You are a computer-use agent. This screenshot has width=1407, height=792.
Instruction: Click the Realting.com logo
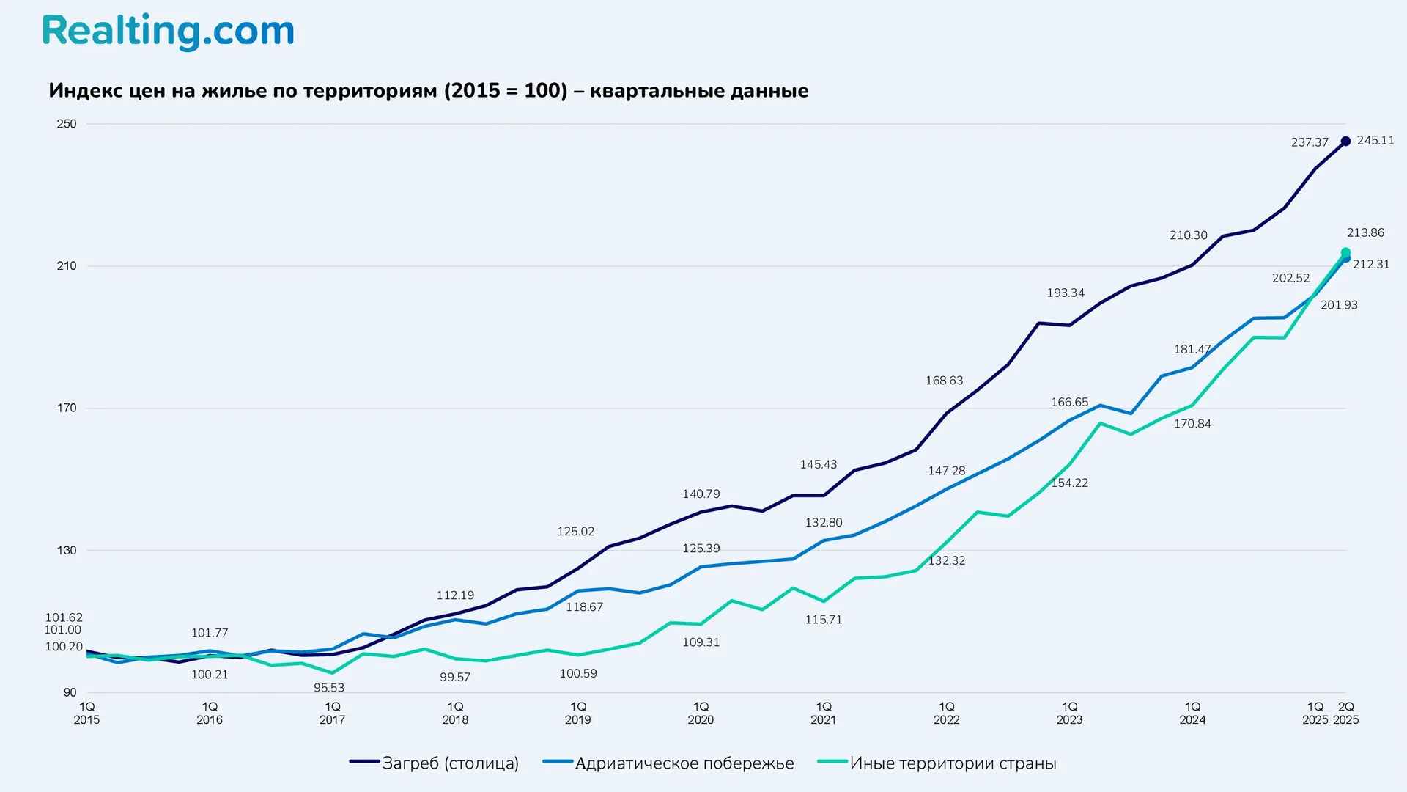[x=168, y=32]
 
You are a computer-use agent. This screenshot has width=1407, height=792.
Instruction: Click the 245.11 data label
[x=1375, y=140]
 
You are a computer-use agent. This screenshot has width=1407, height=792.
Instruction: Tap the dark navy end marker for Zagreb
[x=1345, y=142]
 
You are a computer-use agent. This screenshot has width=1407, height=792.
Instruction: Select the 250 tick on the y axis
[x=67, y=124]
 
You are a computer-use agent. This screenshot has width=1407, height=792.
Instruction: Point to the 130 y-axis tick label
[x=67, y=551]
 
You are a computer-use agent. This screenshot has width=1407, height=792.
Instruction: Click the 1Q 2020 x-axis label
[x=701, y=713]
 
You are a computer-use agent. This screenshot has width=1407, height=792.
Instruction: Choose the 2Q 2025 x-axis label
[x=1345, y=713]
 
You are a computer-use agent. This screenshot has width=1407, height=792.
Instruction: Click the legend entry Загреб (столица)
[x=449, y=763]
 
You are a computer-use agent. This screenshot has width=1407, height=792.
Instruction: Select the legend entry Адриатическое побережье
[x=683, y=763]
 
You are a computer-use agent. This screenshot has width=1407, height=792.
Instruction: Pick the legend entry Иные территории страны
[x=952, y=763]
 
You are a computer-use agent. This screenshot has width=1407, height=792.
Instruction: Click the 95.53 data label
[x=329, y=688]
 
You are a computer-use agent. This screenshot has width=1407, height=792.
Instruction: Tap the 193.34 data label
[x=1065, y=293]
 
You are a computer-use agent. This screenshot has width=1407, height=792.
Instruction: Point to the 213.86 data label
[x=1365, y=232]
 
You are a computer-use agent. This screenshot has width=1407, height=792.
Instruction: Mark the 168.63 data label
[x=944, y=381]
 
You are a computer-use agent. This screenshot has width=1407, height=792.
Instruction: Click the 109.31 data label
[x=701, y=642]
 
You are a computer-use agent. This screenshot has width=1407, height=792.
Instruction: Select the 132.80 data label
[x=824, y=523]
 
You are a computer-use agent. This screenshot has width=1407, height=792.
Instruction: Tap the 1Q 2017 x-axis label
[x=332, y=713]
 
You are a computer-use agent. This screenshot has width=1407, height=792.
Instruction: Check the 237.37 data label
[x=1310, y=142]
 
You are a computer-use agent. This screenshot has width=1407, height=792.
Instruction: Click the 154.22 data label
[x=1069, y=483]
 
